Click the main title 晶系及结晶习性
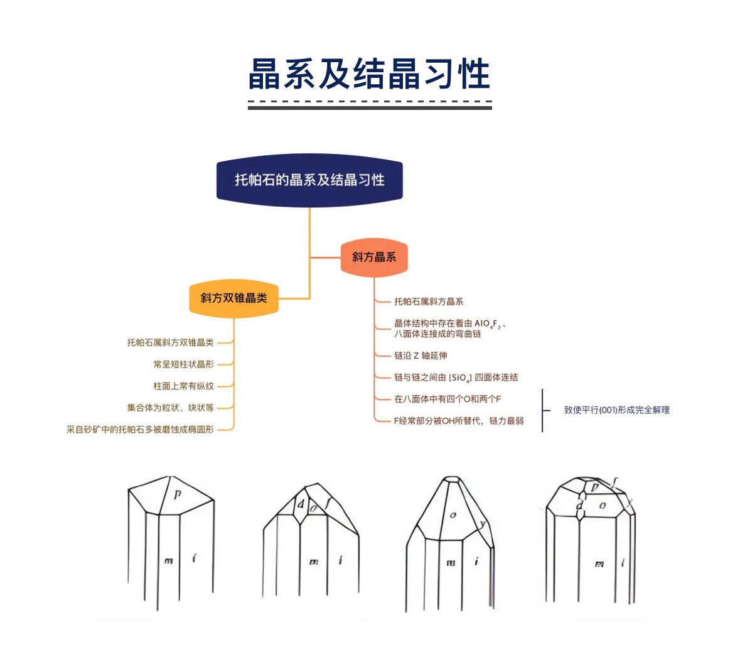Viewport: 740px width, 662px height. pyautogui.click(x=369, y=74)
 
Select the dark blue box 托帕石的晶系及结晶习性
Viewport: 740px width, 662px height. pyautogui.click(x=309, y=180)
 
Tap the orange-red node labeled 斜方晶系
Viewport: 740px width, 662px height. pyautogui.click(x=374, y=257)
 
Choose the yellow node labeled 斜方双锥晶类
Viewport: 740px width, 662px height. pyautogui.click(x=233, y=298)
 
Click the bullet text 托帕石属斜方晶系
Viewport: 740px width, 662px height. pyautogui.click(x=429, y=301)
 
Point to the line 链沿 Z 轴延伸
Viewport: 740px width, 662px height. pyautogui.click(x=421, y=355)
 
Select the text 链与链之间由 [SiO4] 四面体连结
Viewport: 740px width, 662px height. pyautogui.click(x=456, y=377)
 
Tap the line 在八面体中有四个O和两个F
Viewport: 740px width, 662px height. pyautogui.click(x=448, y=399)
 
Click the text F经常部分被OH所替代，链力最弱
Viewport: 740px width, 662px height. pyautogui.click(x=459, y=421)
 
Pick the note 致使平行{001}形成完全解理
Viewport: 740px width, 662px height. pyautogui.click(x=616, y=410)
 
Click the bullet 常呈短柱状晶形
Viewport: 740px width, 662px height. pyautogui.click(x=183, y=364)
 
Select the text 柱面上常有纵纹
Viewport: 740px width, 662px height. pyautogui.click(x=183, y=386)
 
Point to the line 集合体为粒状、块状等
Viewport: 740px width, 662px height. pyautogui.click(x=170, y=408)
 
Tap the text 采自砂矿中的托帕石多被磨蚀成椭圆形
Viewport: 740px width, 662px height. pyautogui.click(x=140, y=430)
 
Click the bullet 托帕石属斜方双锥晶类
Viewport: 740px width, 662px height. pyautogui.click(x=170, y=342)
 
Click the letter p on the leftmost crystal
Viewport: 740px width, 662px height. pyautogui.click(x=178, y=495)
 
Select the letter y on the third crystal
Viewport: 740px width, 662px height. pyautogui.click(x=482, y=524)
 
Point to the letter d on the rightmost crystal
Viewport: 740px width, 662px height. pyautogui.click(x=579, y=505)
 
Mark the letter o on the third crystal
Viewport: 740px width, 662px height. pyautogui.click(x=453, y=515)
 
